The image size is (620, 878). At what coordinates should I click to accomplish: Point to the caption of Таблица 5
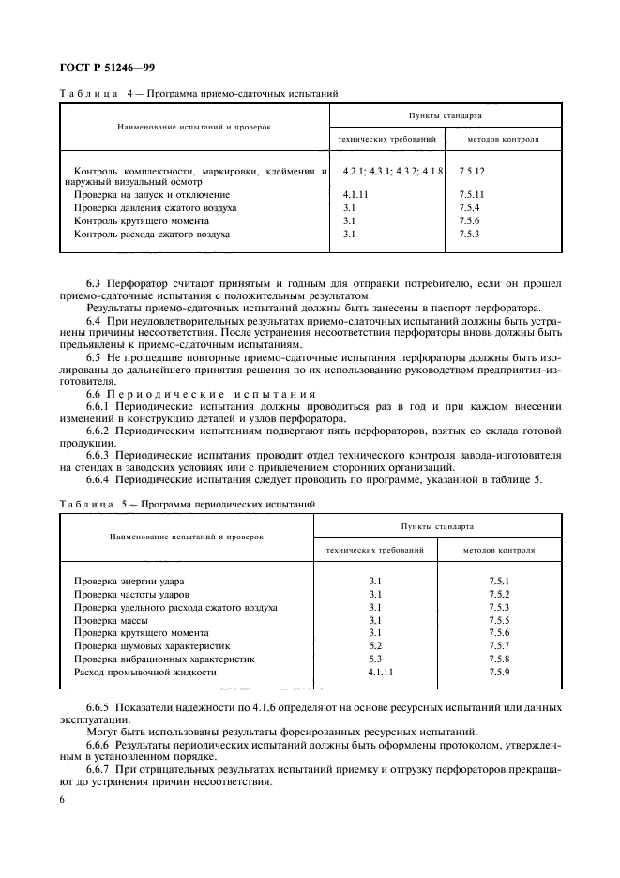[189, 504]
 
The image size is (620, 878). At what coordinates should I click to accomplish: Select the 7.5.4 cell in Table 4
[469, 207]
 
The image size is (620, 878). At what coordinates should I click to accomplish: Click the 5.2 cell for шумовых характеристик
[375, 646]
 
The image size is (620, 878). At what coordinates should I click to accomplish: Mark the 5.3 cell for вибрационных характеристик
[375, 659]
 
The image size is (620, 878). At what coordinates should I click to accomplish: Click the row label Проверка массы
[111, 620]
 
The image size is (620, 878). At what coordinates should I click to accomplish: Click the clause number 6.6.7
[99, 767]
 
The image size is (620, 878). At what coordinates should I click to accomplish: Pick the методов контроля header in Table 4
[503, 140]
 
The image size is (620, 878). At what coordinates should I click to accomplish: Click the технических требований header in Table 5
[375, 549]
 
